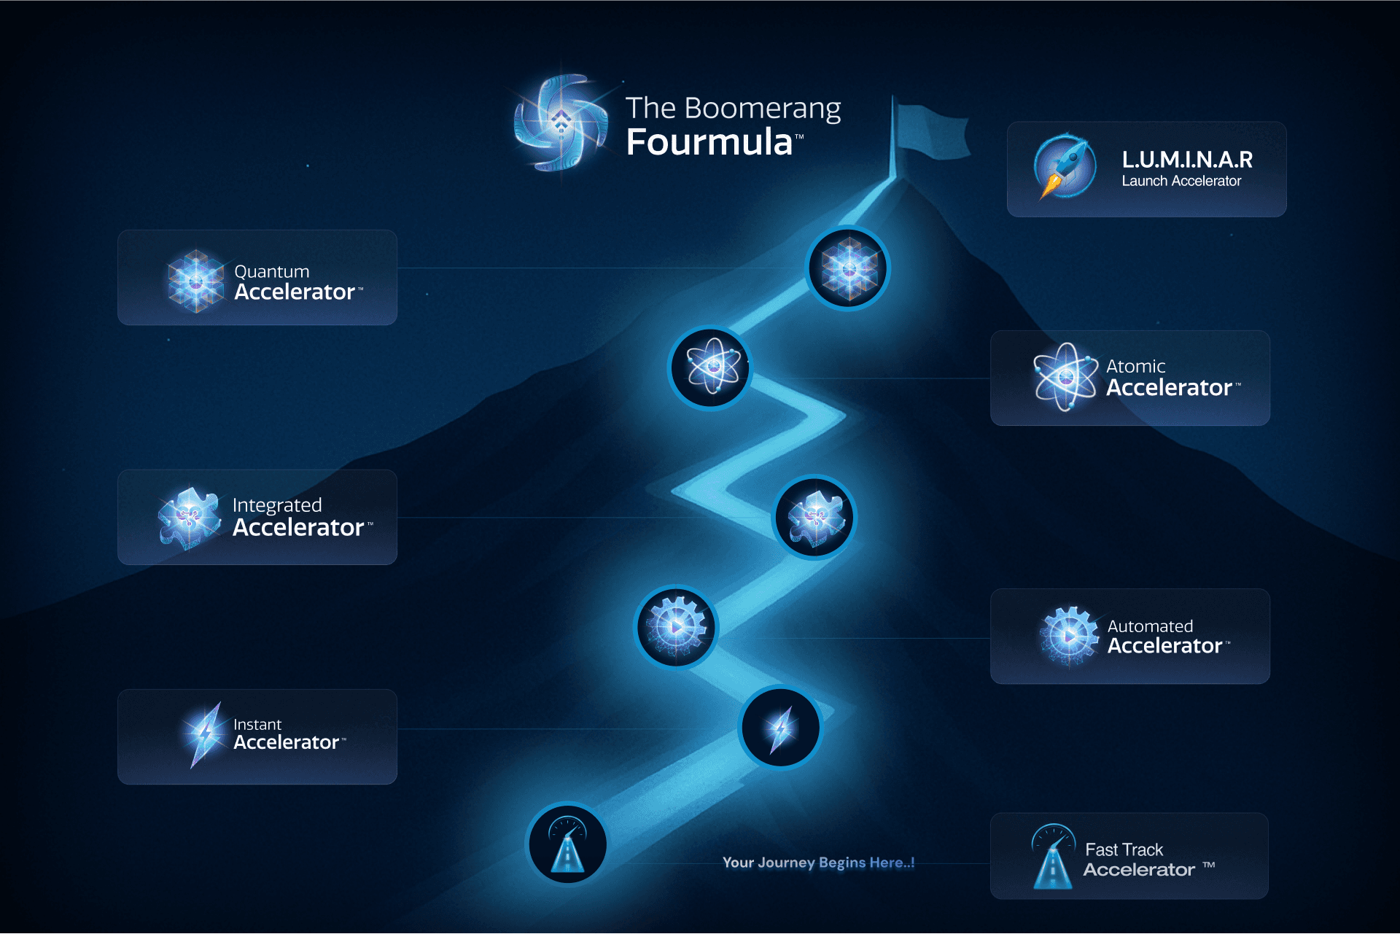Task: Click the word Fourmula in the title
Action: click(x=709, y=142)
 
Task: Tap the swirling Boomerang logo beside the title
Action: click(x=561, y=122)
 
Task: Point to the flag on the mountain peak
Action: click(x=931, y=131)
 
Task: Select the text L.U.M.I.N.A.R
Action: click(x=1186, y=159)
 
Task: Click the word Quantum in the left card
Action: click(x=271, y=271)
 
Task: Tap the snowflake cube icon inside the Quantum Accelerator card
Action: click(x=195, y=281)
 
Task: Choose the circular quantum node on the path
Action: click(x=848, y=268)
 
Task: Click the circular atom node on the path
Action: click(x=711, y=367)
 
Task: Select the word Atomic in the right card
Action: click(x=1135, y=366)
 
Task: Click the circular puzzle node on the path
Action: click(x=814, y=518)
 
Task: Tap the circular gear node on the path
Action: click(x=676, y=627)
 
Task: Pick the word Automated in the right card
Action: click(x=1150, y=626)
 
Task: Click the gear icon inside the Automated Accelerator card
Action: click(x=1068, y=636)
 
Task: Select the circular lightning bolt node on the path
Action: click(x=780, y=728)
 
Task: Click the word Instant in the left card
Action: click(x=257, y=724)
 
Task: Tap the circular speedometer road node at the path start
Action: click(x=567, y=844)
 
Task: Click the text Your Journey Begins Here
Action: click(x=817, y=863)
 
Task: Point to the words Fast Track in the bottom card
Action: click(x=1124, y=849)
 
